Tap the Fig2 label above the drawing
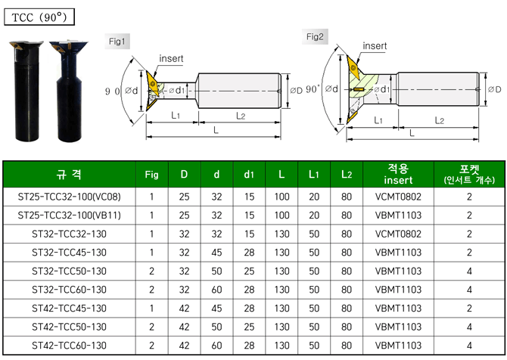tap(316, 36)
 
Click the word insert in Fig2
tap(375, 46)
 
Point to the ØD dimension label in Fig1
tap(295, 91)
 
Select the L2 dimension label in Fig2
tap(440, 120)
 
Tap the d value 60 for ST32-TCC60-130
tap(216, 290)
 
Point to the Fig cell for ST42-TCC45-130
tap(151, 309)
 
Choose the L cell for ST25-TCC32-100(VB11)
tap(281, 215)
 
